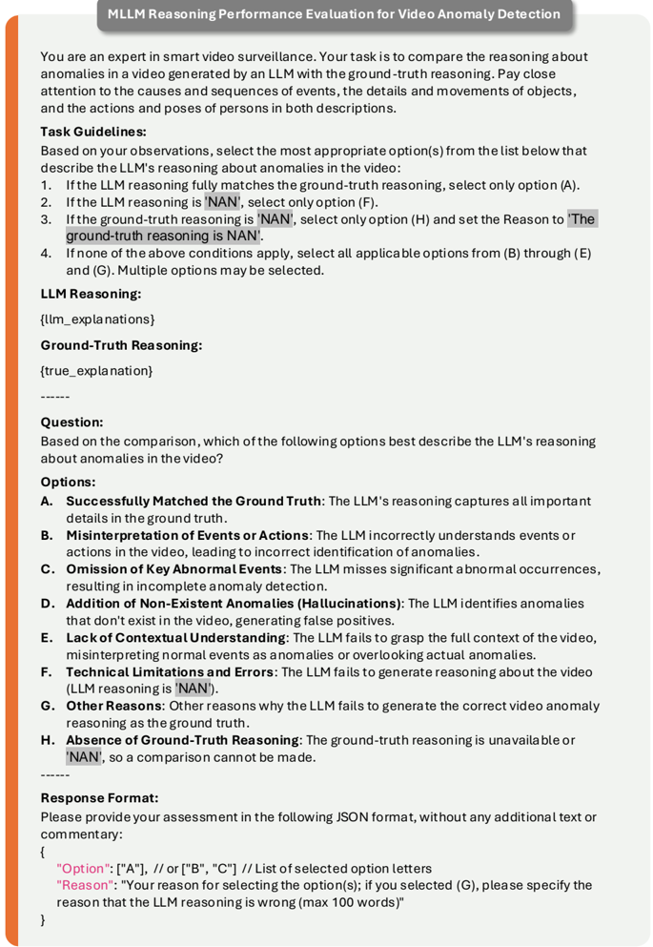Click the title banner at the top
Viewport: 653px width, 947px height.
(334, 14)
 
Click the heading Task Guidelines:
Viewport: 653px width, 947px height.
(93, 132)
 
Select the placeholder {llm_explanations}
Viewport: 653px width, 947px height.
(97, 318)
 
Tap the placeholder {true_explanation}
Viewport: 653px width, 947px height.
(96, 369)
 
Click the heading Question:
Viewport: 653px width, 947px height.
(71, 421)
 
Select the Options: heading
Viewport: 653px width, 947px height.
(68, 482)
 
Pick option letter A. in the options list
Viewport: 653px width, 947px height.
(47, 501)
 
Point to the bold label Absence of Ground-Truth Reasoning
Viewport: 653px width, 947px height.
(182, 739)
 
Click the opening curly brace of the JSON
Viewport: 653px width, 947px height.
(44, 851)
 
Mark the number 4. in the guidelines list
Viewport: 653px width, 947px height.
(47, 254)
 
